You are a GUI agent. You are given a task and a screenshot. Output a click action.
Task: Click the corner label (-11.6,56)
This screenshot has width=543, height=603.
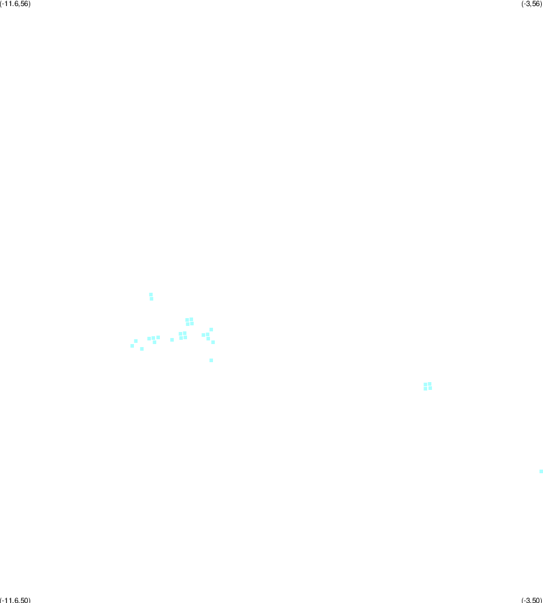click(15, 4)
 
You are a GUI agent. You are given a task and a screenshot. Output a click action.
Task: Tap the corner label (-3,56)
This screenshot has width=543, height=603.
click(532, 4)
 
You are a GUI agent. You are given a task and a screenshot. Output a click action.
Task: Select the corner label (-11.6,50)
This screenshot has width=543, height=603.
click(15, 600)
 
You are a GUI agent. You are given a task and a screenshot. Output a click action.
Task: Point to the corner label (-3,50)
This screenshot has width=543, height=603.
click(532, 600)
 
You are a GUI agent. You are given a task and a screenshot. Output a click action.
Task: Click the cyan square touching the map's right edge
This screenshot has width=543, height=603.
click(541, 471)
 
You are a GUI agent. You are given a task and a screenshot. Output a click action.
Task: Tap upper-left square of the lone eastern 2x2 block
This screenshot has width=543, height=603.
click(425, 384)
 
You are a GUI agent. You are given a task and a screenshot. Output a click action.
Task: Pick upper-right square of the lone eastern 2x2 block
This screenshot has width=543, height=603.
click(430, 384)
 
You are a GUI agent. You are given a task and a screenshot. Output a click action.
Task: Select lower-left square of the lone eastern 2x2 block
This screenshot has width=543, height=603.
click(425, 389)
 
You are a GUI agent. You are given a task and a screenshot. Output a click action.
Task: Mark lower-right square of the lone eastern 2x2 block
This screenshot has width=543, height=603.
click(430, 388)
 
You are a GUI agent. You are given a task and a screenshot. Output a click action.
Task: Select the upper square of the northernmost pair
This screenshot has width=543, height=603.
click(151, 295)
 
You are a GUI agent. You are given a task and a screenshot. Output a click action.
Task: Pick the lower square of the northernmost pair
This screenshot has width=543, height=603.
click(151, 299)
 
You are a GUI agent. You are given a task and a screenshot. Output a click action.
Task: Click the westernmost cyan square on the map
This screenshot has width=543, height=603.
click(132, 346)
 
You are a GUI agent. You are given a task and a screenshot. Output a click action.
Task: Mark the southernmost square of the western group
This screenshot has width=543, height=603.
click(211, 360)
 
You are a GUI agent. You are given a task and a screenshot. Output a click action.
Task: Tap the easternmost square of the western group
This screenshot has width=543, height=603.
click(213, 342)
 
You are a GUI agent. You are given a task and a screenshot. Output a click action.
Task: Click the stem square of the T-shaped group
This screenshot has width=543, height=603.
click(154, 342)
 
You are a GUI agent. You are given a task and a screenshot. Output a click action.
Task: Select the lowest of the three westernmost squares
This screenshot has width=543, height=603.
click(142, 349)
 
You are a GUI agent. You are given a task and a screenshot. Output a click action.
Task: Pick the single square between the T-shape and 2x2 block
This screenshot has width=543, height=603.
click(172, 340)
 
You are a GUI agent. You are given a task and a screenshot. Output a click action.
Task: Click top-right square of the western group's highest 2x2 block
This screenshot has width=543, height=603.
click(191, 319)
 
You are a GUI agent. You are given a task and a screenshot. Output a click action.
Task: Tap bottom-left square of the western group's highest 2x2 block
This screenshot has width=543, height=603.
click(188, 324)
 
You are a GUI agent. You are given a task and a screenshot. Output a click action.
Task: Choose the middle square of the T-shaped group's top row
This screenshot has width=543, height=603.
click(153, 338)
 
